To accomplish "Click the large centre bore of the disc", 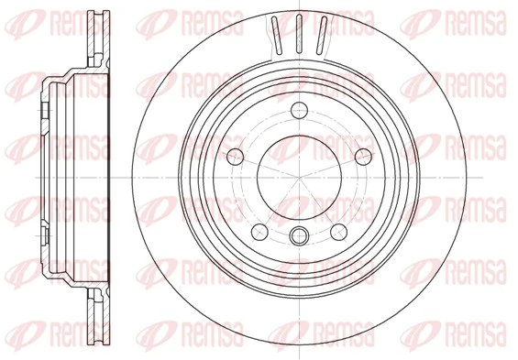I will pos(296,172).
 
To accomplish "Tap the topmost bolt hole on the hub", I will pos(296,112).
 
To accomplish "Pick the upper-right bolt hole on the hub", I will pos(354,153).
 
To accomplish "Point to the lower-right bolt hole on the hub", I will pos(336,229).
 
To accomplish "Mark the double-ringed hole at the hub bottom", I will pos(296,236).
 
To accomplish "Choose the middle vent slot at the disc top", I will pos(299,35).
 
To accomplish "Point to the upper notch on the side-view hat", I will pos(44,111).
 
